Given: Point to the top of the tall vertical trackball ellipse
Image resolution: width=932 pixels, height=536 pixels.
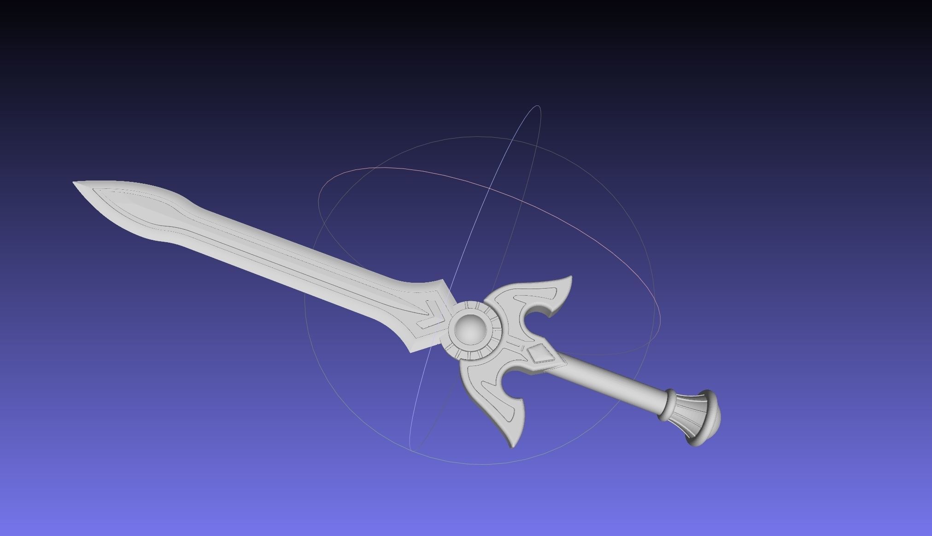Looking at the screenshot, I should pos(538,106).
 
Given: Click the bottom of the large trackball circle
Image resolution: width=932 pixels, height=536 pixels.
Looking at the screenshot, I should pos(479,464).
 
